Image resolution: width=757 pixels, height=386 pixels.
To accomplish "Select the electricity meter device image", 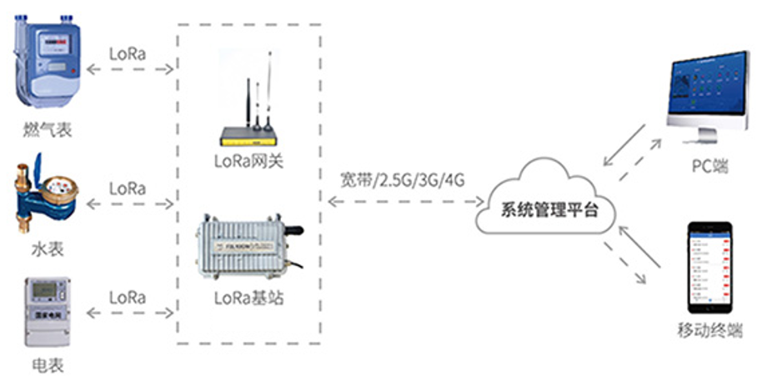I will [x=46, y=313].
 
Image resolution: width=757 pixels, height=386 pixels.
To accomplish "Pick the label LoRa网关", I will [x=249, y=160].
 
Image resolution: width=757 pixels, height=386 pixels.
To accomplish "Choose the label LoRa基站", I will [x=249, y=296].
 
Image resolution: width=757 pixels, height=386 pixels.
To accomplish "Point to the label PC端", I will [x=709, y=166].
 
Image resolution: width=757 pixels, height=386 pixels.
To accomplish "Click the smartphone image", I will [x=709, y=268].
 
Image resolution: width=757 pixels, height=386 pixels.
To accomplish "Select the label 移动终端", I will [x=709, y=331].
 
